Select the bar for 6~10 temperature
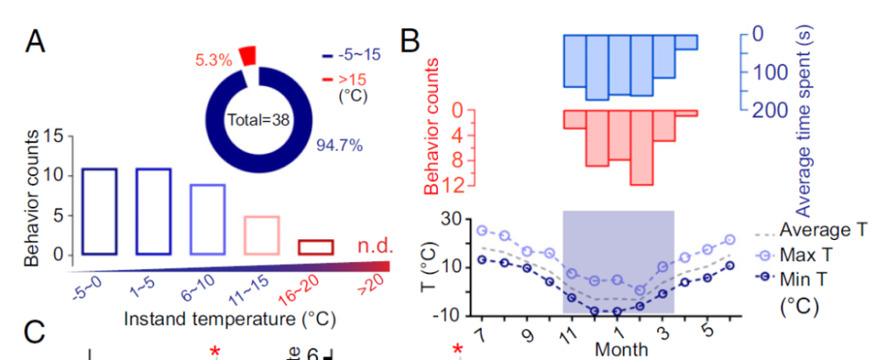pos(208,219)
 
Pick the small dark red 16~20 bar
pos(315,247)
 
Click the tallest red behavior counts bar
pos(642,147)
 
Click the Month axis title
pos(620,349)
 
